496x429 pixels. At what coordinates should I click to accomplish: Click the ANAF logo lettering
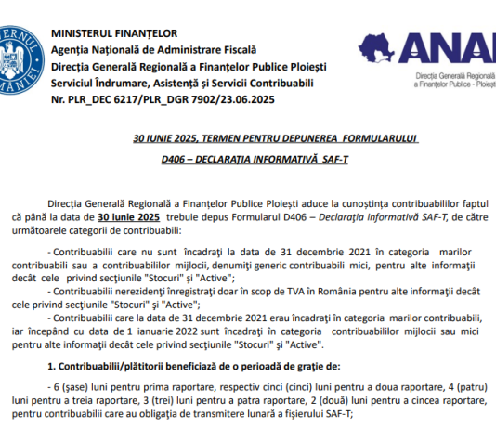(427, 46)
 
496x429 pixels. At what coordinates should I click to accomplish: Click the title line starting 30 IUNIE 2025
(276, 138)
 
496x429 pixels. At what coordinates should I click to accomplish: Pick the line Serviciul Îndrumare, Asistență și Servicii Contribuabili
(169, 79)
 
